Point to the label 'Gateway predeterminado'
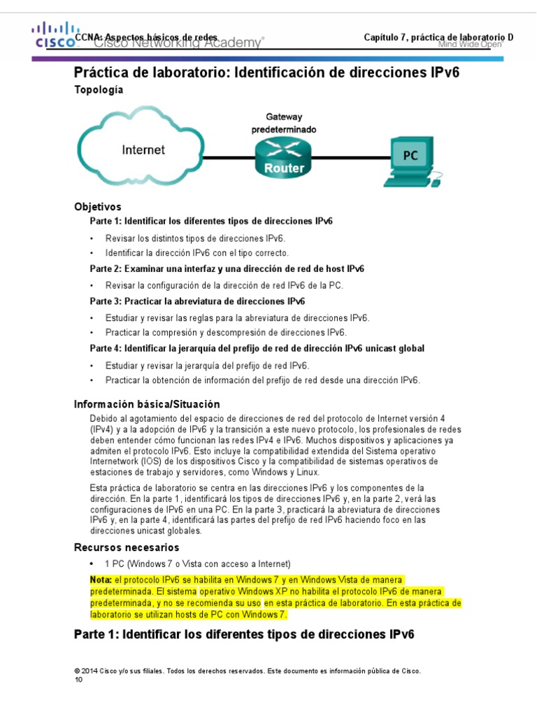(x=284, y=124)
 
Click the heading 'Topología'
(x=99, y=90)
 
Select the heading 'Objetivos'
(x=98, y=207)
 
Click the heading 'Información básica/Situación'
(x=147, y=404)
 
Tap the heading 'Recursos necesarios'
(x=127, y=547)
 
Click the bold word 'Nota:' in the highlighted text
(x=101, y=580)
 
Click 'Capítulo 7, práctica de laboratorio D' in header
(x=438, y=37)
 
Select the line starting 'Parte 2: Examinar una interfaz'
(x=227, y=268)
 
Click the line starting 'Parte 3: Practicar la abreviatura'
(x=197, y=301)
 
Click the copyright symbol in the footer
(x=77, y=671)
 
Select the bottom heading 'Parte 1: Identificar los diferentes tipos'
(x=244, y=634)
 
